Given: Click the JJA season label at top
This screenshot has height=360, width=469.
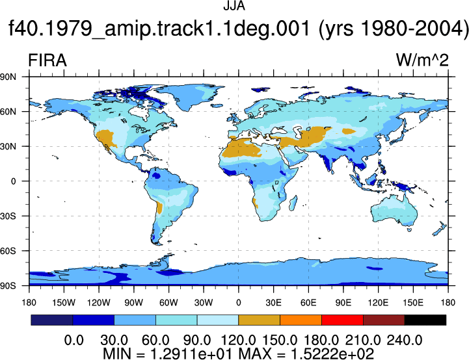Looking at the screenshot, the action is point(234,6).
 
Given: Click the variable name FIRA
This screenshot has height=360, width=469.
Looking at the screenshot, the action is point(47,60).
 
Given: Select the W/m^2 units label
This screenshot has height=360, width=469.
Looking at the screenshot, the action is point(422,60).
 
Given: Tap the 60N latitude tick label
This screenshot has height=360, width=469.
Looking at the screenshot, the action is point(8,112).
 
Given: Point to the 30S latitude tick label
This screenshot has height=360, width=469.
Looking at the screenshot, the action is point(8,216).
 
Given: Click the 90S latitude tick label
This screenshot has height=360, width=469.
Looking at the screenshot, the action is point(8,286).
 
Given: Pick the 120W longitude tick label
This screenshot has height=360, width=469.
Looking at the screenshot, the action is point(99,303).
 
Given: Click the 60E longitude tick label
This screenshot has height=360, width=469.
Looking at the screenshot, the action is point(308,303).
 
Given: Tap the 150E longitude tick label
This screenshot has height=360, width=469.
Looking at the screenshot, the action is point(413,303).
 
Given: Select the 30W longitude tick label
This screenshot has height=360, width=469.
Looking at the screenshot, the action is point(204,303).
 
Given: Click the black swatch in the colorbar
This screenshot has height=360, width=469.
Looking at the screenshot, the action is point(425,320).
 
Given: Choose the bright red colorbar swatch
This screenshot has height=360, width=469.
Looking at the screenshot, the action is point(342,320).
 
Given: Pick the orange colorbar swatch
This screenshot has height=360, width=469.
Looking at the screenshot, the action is point(301,320).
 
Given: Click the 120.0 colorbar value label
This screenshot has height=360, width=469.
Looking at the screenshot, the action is point(238,341).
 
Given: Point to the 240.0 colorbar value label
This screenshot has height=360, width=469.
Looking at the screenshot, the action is point(405,341).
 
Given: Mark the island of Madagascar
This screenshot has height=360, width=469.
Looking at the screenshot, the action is point(293,203).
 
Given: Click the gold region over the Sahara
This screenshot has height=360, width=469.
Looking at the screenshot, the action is point(242,149).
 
